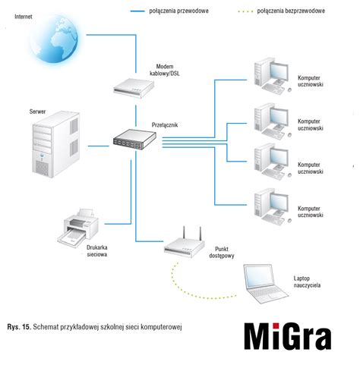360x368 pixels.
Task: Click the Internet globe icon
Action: [54, 39]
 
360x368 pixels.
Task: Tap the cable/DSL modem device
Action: [134, 88]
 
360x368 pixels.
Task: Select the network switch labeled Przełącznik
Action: [134, 140]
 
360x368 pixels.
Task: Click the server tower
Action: [56, 144]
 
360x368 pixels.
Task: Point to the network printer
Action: [78, 228]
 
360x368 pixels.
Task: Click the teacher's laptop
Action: [266, 284]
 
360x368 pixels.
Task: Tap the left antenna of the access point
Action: [184, 233]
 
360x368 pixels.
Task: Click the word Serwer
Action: [37, 112]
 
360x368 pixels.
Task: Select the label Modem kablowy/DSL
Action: [165, 70]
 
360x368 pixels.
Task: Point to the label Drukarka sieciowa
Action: [97, 251]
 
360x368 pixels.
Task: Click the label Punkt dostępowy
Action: [222, 253]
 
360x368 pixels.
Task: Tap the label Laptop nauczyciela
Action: [307, 282]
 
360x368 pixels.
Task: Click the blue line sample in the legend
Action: [137, 11]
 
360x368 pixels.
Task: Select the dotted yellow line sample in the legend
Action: [245, 11]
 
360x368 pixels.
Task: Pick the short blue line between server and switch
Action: [98, 146]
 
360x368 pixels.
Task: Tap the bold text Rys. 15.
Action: [19, 326]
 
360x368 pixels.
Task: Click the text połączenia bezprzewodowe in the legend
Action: [291, 11]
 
